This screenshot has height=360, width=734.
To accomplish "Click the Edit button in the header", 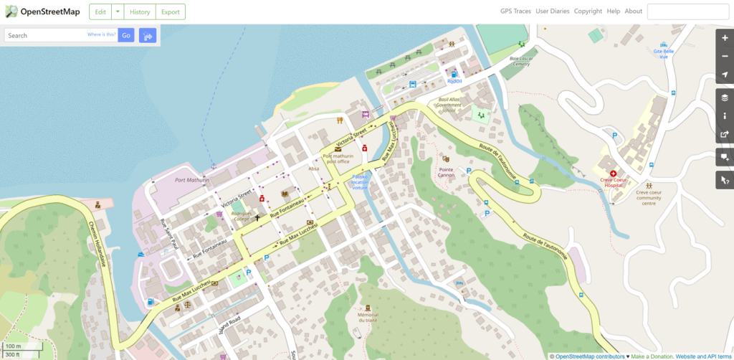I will point(100,11).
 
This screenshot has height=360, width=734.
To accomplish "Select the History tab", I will point(140,11).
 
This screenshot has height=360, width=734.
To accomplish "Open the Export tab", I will point(170,11).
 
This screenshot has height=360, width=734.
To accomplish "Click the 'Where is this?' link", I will point(101,34).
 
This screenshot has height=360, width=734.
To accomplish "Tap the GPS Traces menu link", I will point(515,11).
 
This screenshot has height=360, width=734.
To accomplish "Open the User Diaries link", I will point(552,11).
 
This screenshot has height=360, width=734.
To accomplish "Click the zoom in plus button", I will point(725,38).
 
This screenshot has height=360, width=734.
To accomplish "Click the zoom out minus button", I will point(725,57).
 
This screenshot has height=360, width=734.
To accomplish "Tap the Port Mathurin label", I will point(192,180).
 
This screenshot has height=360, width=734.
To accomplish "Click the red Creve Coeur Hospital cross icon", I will point(614,174).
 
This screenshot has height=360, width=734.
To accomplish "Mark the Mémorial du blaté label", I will point(367,317).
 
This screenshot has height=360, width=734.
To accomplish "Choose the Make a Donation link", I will point(651,356).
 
